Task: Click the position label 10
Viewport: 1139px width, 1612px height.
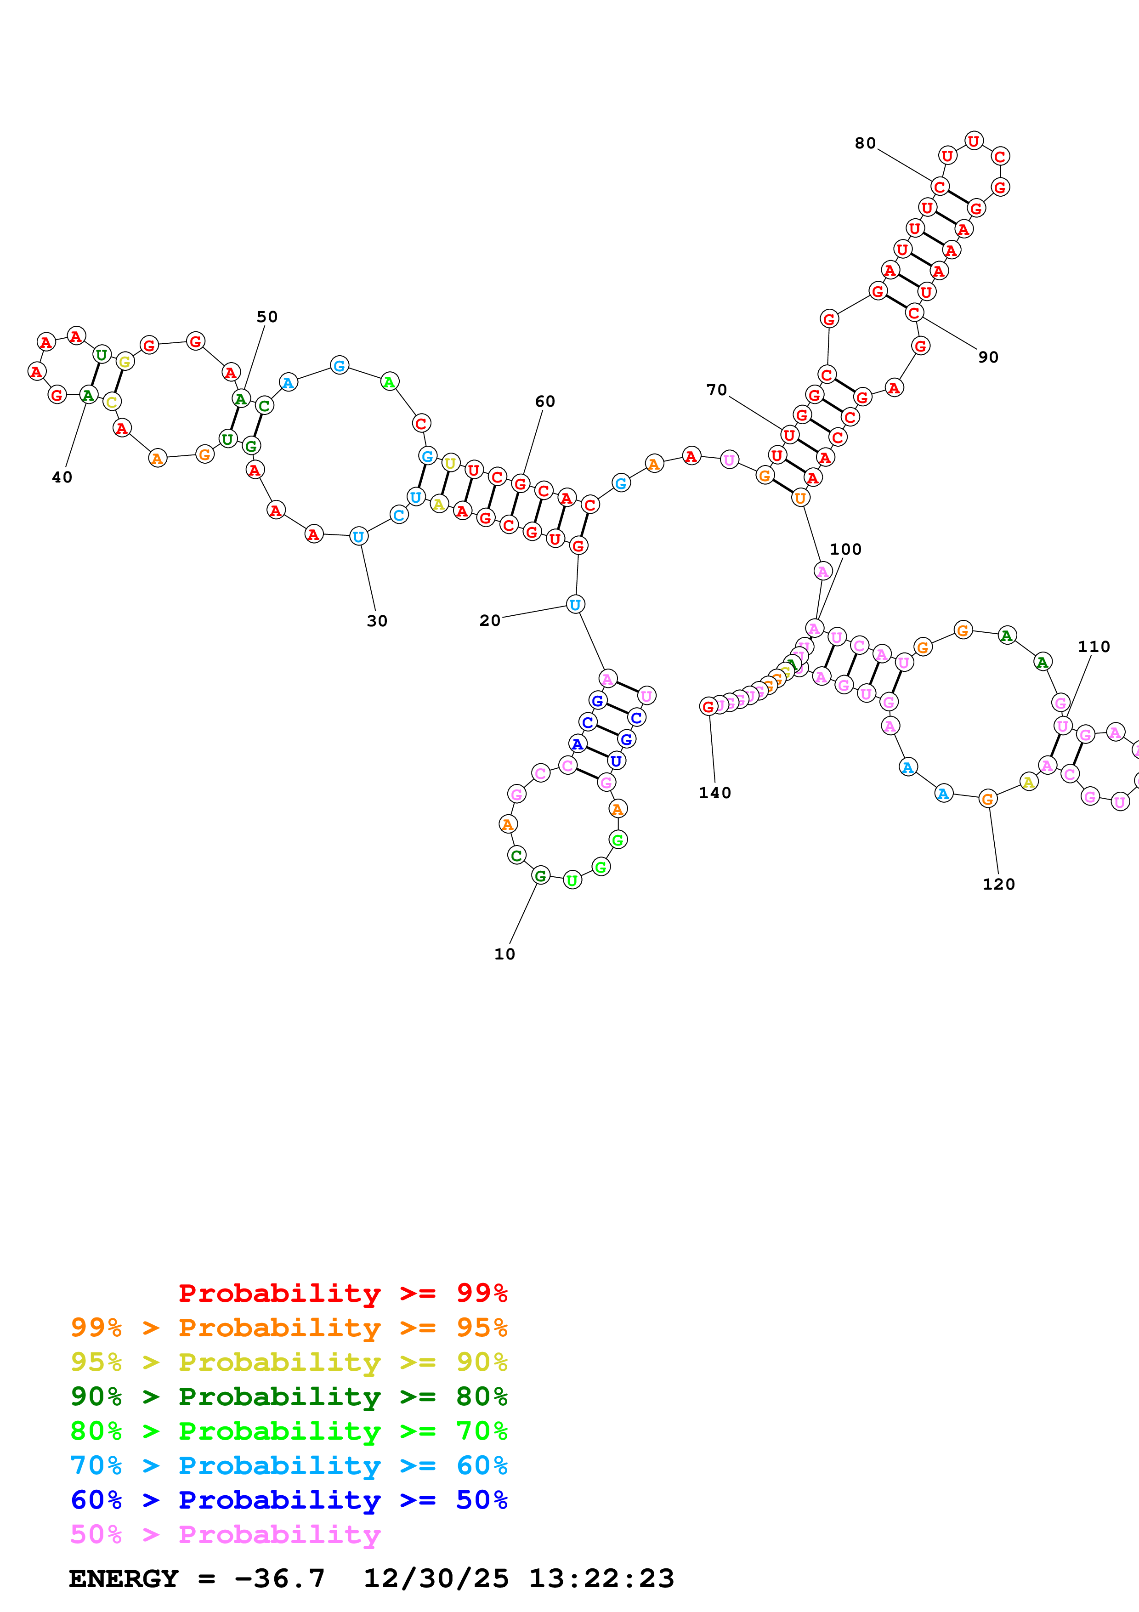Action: click(504, 954)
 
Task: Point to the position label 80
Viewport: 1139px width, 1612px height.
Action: click(865, 143)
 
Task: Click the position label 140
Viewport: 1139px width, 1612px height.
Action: click(714, 793)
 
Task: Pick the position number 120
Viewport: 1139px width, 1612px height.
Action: click(999, 884)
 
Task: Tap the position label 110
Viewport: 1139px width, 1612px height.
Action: click(1094, 647)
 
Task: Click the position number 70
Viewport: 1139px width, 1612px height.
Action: click(716, 390)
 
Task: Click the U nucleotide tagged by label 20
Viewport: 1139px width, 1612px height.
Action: click(575, 605)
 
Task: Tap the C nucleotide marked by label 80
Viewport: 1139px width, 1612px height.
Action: click(940, 187)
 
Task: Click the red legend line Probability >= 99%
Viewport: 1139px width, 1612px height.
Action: click(342, 1293)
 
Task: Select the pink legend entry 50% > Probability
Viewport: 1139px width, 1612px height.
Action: click(225, 1535)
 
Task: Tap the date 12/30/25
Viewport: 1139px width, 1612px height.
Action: click(436, 1578)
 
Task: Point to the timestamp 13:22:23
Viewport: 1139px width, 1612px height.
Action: click(601, 1578)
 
